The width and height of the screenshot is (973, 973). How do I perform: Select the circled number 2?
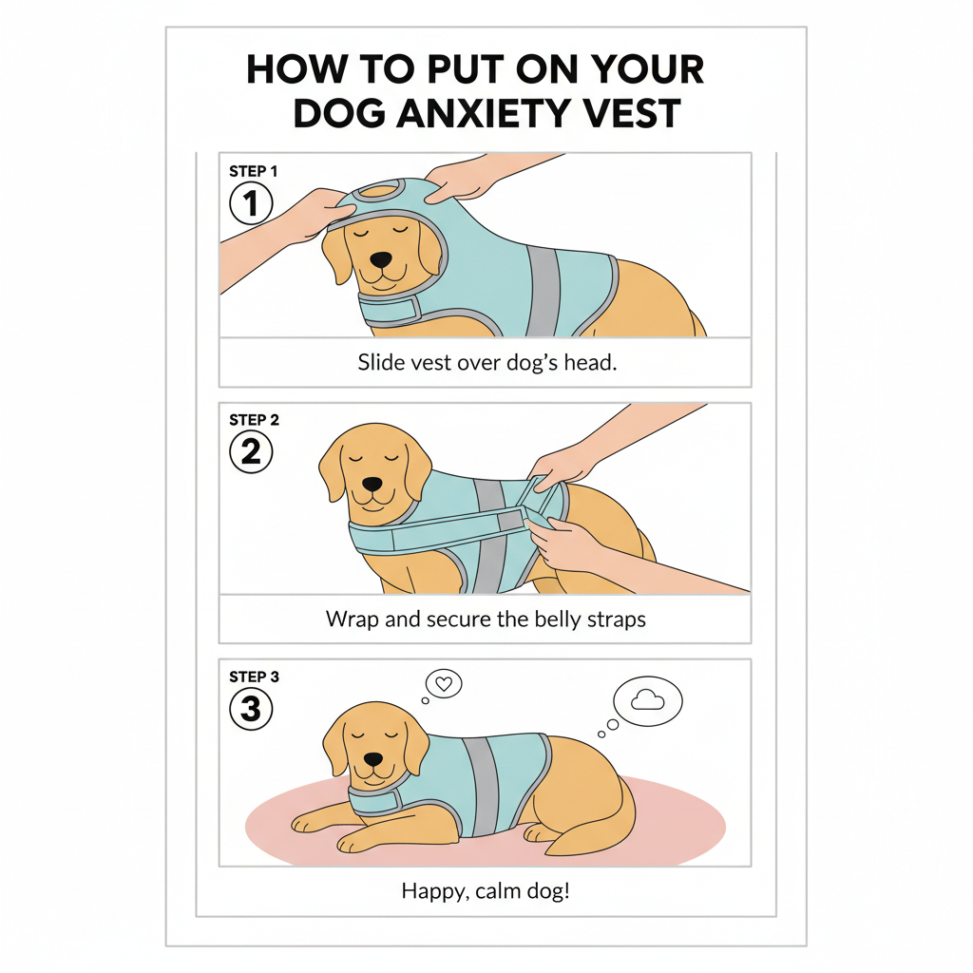pos(251,451)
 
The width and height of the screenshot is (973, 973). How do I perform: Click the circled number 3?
pos(251,709)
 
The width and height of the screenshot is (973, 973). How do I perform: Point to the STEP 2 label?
pos(254,419)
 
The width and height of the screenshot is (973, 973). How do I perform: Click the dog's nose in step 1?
pos(380,259)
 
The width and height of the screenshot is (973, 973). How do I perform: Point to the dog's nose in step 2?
pos(373,483)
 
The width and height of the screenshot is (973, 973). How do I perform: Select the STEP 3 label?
pos(254,677)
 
